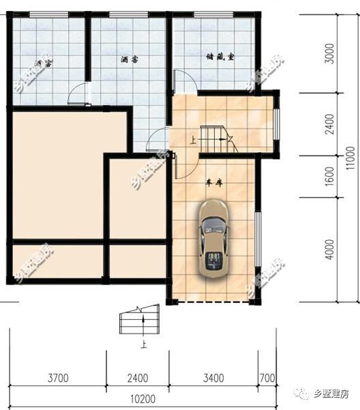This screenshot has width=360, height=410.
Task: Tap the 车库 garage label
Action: [x=215, y=182]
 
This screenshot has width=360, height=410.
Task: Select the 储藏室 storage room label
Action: [x=220, y=58]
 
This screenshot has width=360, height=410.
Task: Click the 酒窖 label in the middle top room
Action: [x=130, y=60]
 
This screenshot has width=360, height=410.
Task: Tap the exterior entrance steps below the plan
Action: [x=139, y=321]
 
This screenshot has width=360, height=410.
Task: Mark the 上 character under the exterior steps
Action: [x=144, y=345]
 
